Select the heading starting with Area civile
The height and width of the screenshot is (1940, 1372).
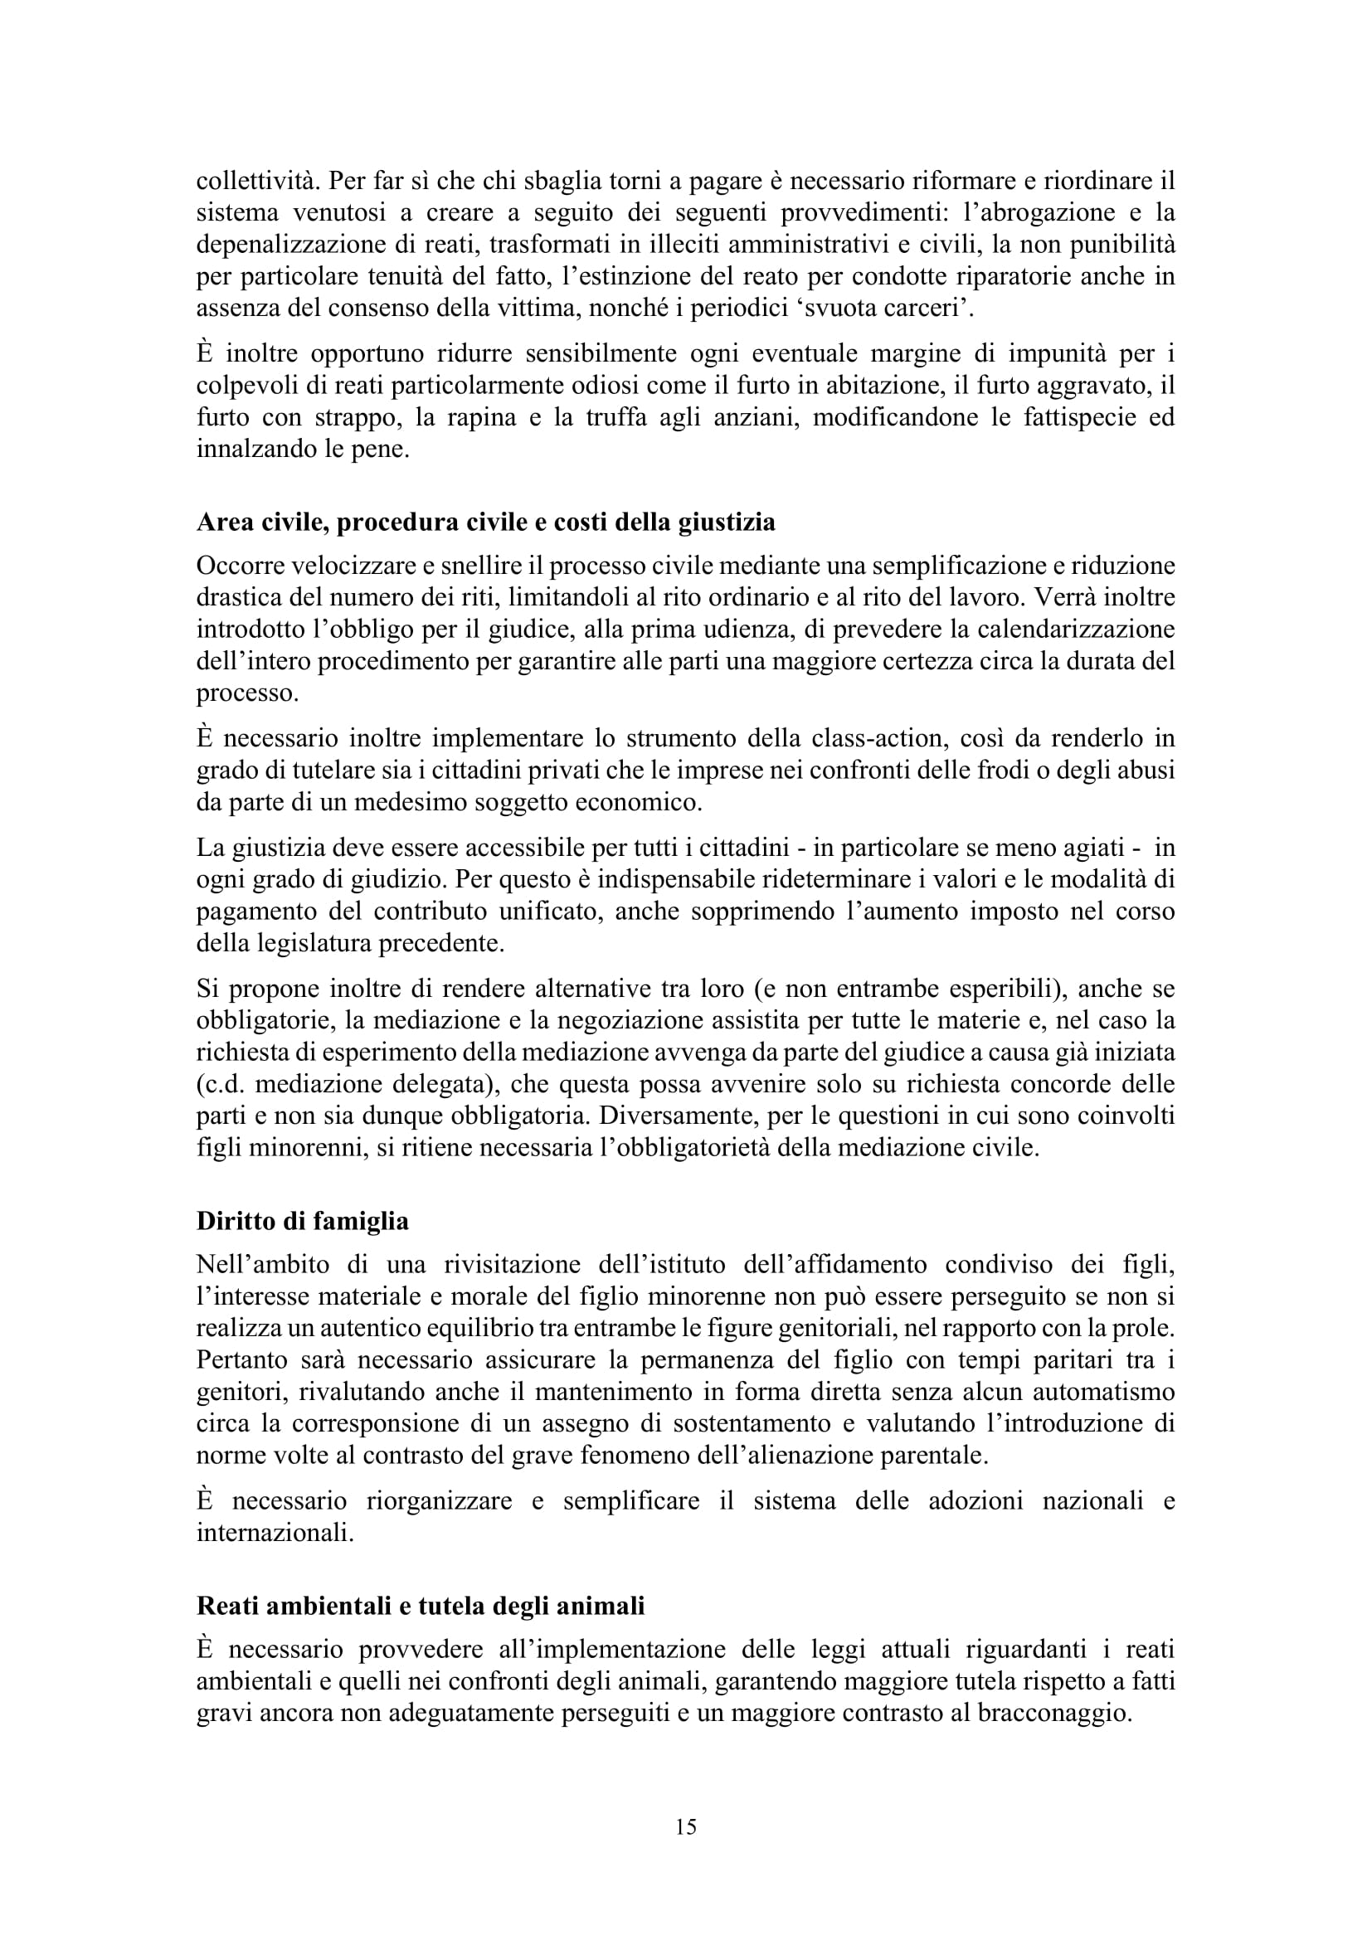pyautogui.click(x=486, y=523)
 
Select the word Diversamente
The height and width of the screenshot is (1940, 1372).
pyautogui.click(x=674, y=1116)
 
